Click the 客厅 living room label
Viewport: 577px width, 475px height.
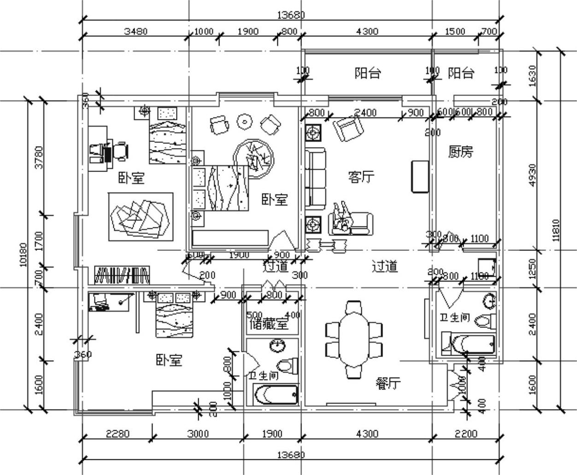(x=361, y=177)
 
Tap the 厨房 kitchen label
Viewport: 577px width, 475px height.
(x=460, y=152)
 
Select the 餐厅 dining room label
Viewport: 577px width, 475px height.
(x=388, y=383)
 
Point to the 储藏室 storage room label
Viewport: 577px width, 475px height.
(x=269, y=324)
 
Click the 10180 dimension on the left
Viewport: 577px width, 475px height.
(x=24, y=254)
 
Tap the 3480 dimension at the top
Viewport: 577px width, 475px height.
(x=135, y=31)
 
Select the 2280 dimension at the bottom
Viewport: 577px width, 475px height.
(x=118, y=433)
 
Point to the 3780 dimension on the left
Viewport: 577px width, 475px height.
(x=39, y=157)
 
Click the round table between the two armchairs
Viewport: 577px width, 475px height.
(x=245, y=122)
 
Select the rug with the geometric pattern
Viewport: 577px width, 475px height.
(x=141, y=216)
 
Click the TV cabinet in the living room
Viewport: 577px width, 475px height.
(x=419, y=176)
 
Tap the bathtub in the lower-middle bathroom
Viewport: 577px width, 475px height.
(x=276, y=395)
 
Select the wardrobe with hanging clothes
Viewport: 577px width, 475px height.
(x=122, y=275)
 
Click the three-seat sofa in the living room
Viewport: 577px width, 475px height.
(x=316, y=177)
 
